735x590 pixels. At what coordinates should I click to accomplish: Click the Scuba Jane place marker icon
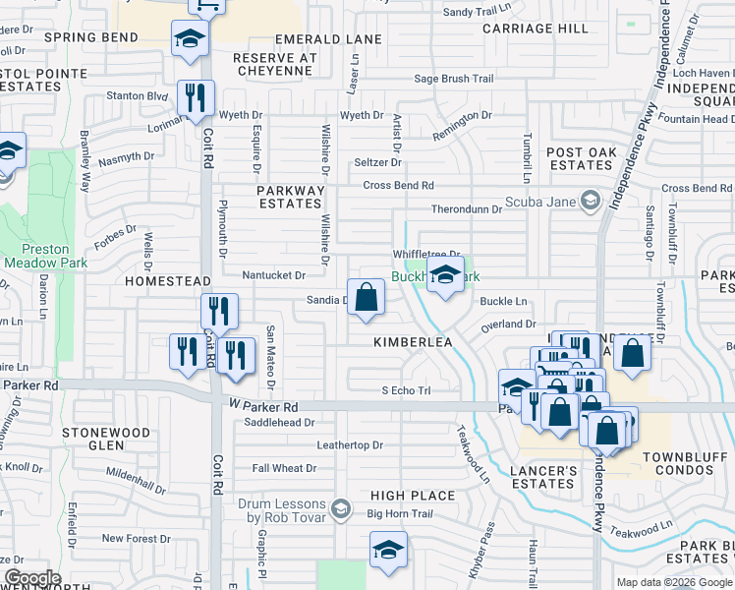point(590,202)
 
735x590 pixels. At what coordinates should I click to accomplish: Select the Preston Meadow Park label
point(45,255)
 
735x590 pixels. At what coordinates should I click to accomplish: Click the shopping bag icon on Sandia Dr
point(366,297)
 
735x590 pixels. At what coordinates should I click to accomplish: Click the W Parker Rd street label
point(263,406)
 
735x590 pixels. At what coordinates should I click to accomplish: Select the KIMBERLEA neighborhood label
point(412,341)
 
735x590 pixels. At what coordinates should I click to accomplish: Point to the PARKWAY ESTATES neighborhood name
point(290,198)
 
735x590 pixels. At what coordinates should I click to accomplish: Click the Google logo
point(31,578)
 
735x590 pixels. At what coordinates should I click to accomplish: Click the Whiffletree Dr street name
point(426,254)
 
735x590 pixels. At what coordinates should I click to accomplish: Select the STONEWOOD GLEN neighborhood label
point(106,440)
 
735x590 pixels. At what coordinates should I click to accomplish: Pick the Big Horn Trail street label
point(400,513)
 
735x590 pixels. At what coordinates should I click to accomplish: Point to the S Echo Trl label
point(406,390)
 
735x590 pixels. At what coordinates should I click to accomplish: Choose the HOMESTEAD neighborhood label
point(168,281)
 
